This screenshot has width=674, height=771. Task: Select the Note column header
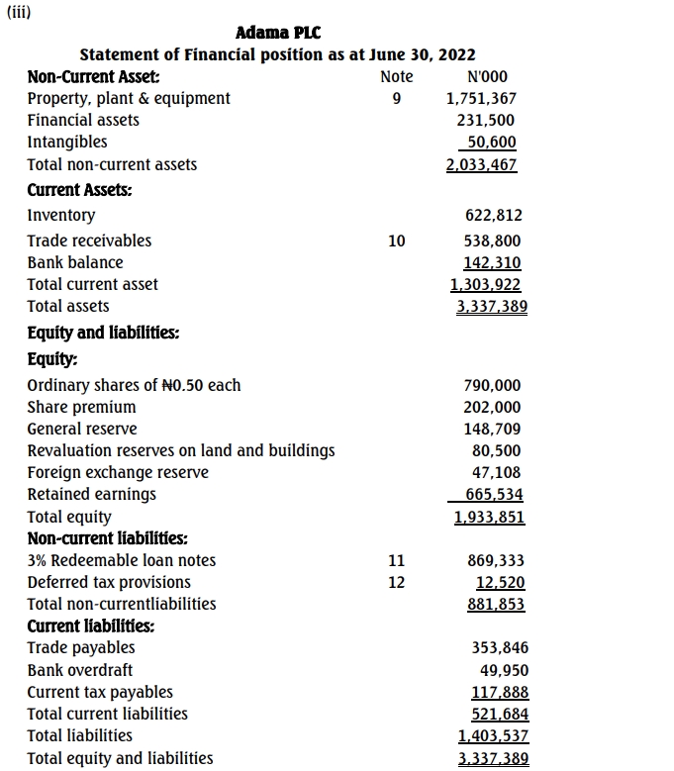(x=396, y=76)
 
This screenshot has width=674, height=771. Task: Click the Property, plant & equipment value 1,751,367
(x=481, y=98)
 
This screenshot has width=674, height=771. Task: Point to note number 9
(x=396, y=98)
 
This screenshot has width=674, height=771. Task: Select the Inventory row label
(x=61, y=215)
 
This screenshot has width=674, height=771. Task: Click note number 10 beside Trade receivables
(x=396, y=241)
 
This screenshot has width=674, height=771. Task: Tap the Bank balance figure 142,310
(x=492, y=262)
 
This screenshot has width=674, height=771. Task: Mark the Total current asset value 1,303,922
(x=485, y=284)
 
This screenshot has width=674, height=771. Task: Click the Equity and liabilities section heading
(x=103, y=334)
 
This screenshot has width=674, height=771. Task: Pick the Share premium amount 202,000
(x=493, y=407)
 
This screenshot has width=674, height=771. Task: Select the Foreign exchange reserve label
(x=118, y=472)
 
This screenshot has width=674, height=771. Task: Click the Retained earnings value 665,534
(x=492, y=494)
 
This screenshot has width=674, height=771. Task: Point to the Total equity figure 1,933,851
(x=489, y=517)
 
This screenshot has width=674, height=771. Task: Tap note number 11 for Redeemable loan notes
(x=396, y=560)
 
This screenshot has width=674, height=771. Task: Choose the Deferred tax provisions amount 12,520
(x=500, y=582)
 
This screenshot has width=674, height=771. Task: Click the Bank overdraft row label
(x=80, y=670)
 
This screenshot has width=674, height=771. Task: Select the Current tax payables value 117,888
(x=500, y=692)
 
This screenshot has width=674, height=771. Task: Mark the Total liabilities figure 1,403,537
(x=493, y=735)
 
